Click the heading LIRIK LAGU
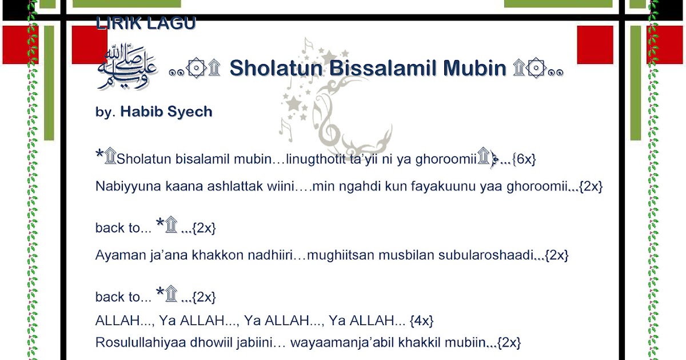click(145, 24)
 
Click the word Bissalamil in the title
click(373, 69)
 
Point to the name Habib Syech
click(166, 112)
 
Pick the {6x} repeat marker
click(524, 159)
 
